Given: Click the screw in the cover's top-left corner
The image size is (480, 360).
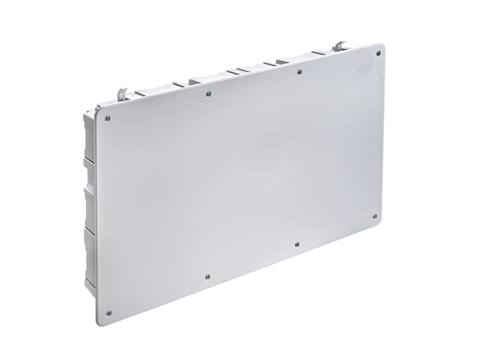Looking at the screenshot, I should coord(107,118).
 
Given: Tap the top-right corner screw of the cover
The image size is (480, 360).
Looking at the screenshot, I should coord(378,53).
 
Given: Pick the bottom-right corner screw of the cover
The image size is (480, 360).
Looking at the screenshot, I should coord(375,216).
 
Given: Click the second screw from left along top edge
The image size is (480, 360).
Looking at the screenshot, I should coord(209,94).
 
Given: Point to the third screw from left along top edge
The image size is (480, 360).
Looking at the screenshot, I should coord(300,72).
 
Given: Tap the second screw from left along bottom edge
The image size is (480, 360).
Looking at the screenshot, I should coord(208,277).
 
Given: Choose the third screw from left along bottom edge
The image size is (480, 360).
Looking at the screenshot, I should coord(297,244).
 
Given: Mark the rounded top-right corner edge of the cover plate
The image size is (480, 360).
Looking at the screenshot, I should coord(382,46).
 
